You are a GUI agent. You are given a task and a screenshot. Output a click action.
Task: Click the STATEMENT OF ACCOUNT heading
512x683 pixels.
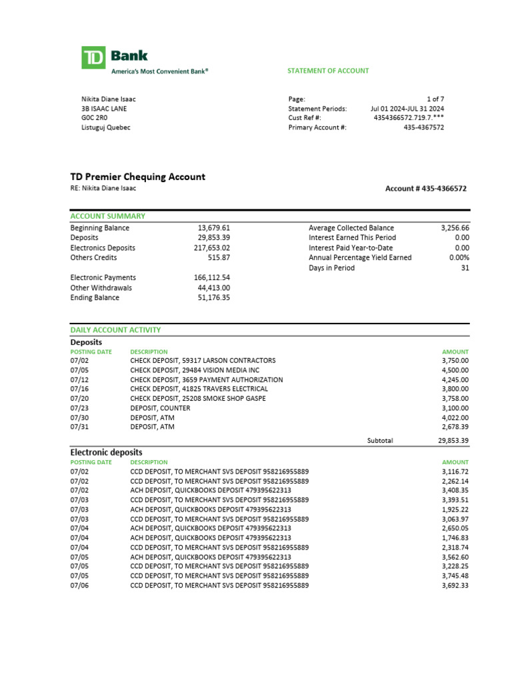[x=328, y=71]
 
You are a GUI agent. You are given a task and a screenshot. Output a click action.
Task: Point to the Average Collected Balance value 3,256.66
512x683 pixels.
[x=455, y=227]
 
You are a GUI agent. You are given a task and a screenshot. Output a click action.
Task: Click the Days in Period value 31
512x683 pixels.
[x=465, y=267]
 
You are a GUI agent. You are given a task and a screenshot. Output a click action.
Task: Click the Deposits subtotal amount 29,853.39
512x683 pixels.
[x=450, y=440]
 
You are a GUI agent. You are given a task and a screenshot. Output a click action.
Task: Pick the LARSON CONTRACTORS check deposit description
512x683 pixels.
[x=203, y=360]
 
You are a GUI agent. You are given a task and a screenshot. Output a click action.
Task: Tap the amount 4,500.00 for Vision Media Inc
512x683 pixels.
[x=455, y=370]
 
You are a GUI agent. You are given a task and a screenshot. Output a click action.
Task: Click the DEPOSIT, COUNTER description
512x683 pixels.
[x=160, y=408]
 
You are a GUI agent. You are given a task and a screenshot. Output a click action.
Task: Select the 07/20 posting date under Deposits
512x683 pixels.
[x=79, y=398]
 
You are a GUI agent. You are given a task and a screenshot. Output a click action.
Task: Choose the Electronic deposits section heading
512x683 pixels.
[x=106, y=452]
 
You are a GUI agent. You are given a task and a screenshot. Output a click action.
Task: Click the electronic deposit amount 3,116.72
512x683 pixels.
[x=455, y=472]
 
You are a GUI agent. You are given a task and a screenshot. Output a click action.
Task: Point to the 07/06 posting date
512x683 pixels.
[x=79, y=585]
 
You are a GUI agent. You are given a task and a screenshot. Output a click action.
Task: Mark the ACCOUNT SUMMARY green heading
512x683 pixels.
[x=108, y=216]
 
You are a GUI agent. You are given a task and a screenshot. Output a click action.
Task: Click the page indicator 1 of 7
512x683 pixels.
[x=435, y=98]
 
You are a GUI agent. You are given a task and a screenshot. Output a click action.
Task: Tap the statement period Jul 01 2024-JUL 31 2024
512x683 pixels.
[x=407, y=108]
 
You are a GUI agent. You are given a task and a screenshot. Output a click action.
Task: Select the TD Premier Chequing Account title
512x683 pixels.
[x=138, y=177]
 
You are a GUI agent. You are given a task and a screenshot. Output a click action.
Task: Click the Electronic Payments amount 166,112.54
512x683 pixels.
[x=211, y=277]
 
